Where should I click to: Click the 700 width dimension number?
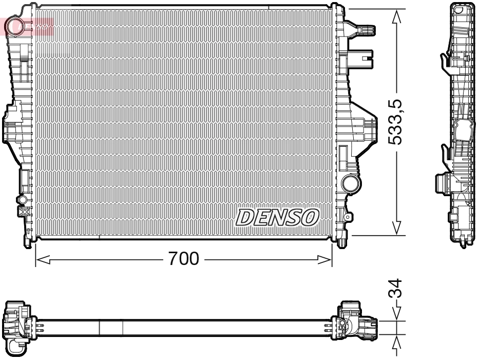pyautogui.click(x=184, y=259)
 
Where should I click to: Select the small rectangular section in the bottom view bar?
pyautogui.click(x=111, y=328)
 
